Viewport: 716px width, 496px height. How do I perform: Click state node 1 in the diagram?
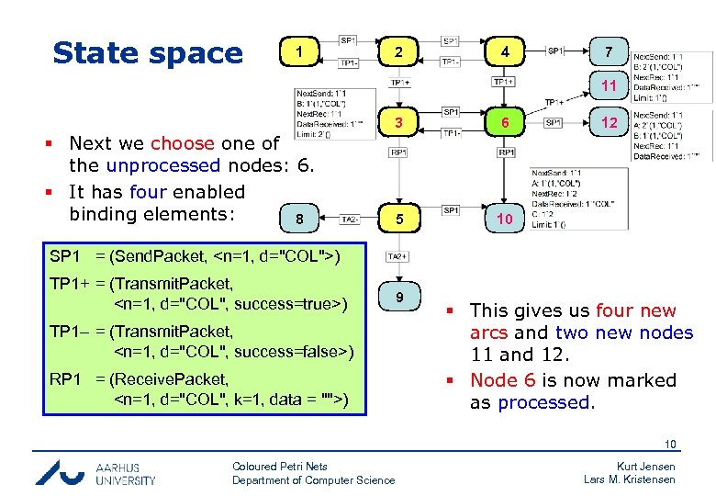(299, 51)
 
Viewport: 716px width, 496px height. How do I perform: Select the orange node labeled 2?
(397, 51)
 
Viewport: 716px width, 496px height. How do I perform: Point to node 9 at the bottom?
(397, 297)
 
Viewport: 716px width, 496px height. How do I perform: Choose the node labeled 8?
(299, 220)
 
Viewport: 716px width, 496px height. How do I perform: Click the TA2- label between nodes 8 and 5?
(349, 220)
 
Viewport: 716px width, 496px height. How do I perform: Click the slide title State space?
(148, 53)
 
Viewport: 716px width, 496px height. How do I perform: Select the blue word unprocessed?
(162, 166)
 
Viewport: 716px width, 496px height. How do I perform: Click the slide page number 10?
(670, 445)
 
